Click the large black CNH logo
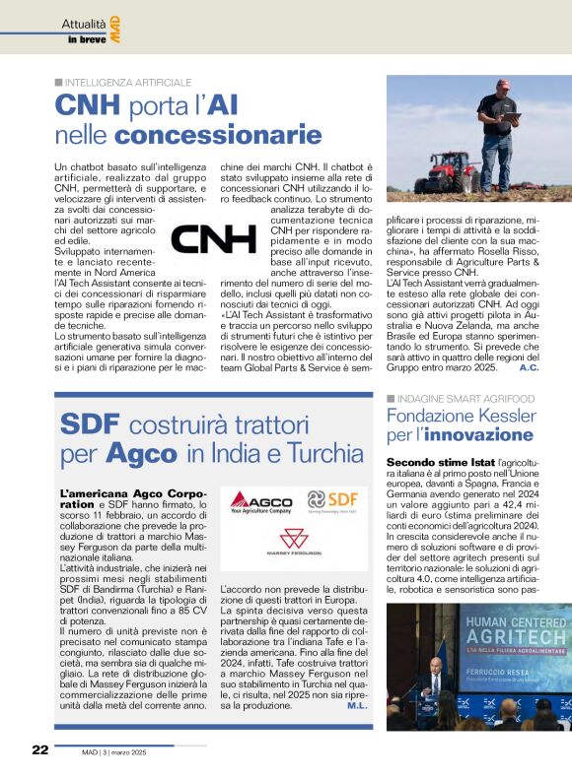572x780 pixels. pos(213,240)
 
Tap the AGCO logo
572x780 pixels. pos(261,501)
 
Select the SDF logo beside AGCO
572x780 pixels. pos(333,501)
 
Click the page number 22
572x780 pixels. pos(39,748)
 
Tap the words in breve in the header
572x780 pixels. pos(87,39)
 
